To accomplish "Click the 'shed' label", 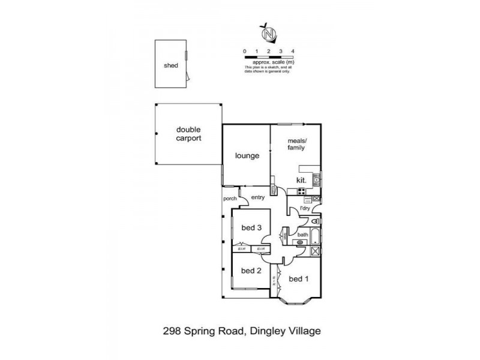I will click(x=172, y=66).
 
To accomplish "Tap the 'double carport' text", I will click(x=188, y=133).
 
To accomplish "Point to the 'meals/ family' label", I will click(x=296, y=144).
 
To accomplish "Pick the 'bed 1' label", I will click(x=298, y=279).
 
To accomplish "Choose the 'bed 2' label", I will click(x=251, y=271).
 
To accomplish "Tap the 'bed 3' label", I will click(x=251, y=227).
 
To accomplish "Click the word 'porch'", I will click(x=229, y=198).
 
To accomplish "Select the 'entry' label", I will click(x=258, y=198).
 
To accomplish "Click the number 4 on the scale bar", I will click(x=292, y=52).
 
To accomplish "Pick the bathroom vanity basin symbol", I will click(x=300, y=242).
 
